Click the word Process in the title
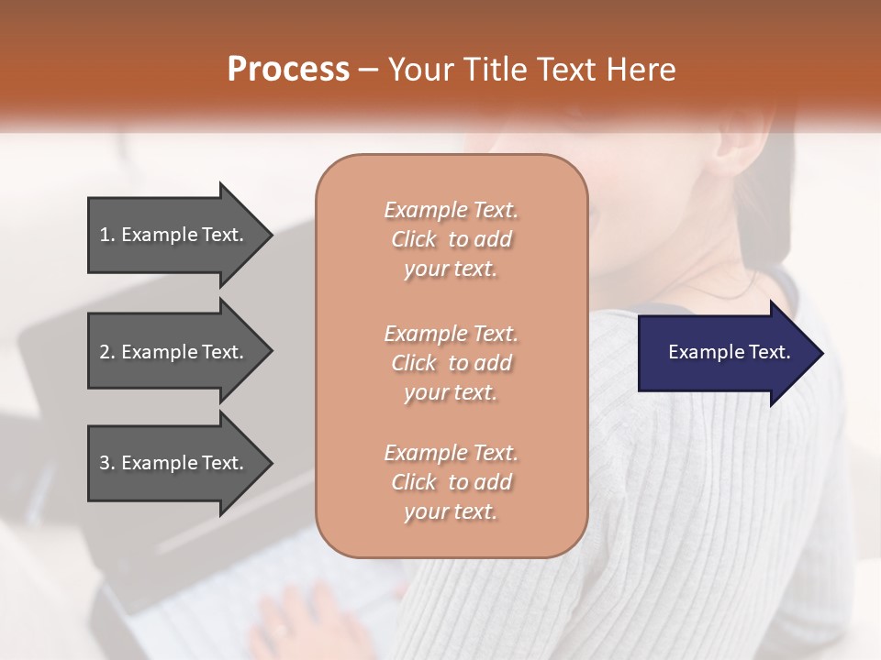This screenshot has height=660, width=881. click(x=288, y=70)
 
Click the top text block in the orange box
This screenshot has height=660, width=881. click(x=451, y=239)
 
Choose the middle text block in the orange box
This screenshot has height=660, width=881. click(x=451, y=363)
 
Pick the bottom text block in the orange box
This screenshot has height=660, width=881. click(x=451, y=482)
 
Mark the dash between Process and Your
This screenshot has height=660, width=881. click(x=368, y=70)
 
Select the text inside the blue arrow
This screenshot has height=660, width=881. click(x=730, y=353)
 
